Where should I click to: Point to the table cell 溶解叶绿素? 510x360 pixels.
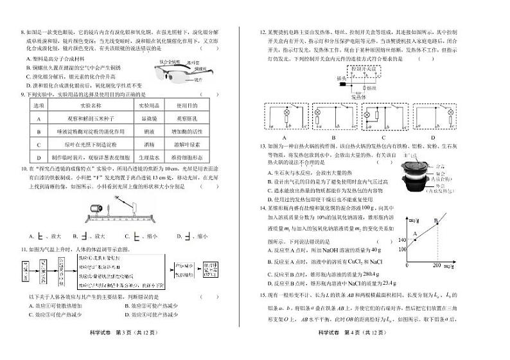coord(187,144)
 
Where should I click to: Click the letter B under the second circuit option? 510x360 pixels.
coord(334,136)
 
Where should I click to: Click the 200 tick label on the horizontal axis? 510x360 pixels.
coord(437,265)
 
